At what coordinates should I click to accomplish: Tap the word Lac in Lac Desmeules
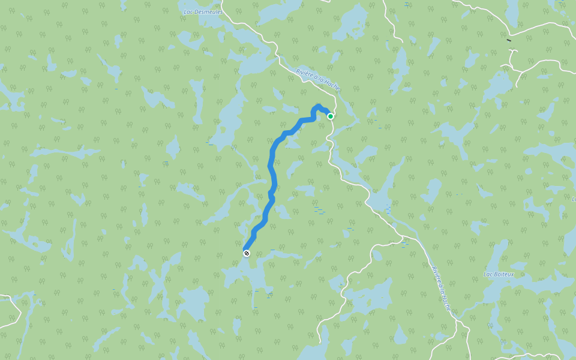189,11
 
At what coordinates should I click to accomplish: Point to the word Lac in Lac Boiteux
488,274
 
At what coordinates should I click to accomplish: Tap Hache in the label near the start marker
332,86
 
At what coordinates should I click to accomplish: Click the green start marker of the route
331,116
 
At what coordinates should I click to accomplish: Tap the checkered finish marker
246,253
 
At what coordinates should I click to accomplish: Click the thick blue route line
272,168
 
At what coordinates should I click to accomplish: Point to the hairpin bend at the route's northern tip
317,107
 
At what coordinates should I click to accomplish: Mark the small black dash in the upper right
509,40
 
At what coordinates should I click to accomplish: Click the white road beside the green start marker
329,129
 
